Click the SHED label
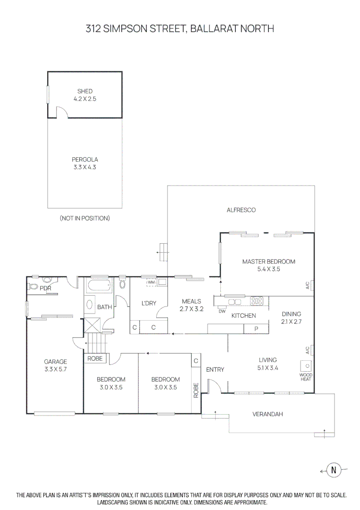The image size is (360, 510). click(85, 91)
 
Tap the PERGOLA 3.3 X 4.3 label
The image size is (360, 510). click(85, 163)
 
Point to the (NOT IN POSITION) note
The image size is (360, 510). click(85, 218)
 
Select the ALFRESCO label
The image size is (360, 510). click(241, 210)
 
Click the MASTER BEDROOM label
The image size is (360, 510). click(268, 262)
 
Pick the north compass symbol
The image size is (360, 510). click(334, 470)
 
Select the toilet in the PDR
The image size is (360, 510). click(33, 286)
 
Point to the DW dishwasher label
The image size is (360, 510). click(222, 311)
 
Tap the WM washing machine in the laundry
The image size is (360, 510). click(151, 282)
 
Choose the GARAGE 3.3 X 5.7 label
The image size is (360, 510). click(56, 365)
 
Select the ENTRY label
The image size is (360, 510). click(215, 369)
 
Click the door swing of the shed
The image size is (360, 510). click(63, 112)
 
